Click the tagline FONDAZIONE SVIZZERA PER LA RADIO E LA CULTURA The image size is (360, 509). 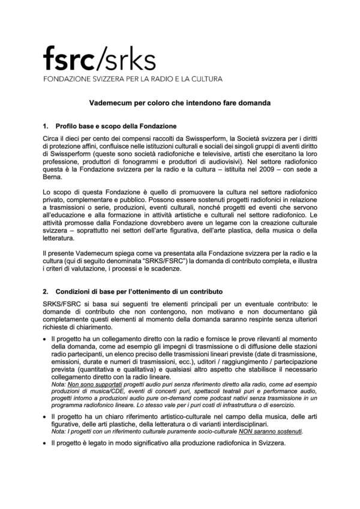[133, 79]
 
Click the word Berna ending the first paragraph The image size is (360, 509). [52, 178]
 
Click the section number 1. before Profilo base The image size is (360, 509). [45, 127]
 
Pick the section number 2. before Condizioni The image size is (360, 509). [45, 291]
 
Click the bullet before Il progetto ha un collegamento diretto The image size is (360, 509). [45, 339]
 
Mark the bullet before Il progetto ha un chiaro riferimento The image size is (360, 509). [45, 415]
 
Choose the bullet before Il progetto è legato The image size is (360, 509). [45, 443]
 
